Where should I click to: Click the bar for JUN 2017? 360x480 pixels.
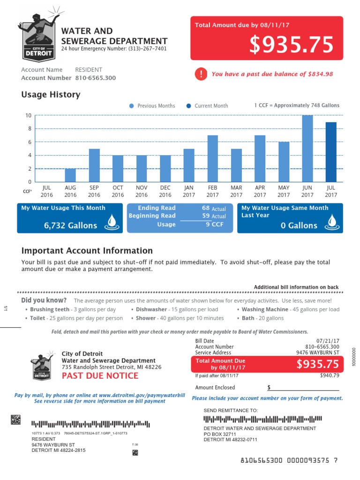pyautogui.click(x=307, y=149)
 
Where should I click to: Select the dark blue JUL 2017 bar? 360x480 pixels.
pyautogui.click(x=331, y=152)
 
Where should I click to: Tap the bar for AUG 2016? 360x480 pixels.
pyautogui.click(x=70, y=175)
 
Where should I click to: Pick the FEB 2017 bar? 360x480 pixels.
pyautogui.click(x=212, y=158)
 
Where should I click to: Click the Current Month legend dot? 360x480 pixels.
pyautogui.click(x=188, y=106)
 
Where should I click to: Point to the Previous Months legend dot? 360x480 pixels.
pyautogui.click(x=131, y=106)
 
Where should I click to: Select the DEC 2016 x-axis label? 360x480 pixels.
pyautogui.click(x=165, y=191)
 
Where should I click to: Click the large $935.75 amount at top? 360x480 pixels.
pyautogui.click(x=291, y=45)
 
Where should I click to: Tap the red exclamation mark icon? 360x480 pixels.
pyautogui.click(x=201, y=74)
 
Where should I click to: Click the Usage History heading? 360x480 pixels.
pyautogui.click(x=51, y=95)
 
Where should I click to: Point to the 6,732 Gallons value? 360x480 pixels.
pyautogui.click(x=71, y=225)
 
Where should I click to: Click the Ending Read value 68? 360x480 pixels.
pyautogui.click(x=206, y=208)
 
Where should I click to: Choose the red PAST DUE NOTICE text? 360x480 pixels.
pyautogui.click(x=100, y=375)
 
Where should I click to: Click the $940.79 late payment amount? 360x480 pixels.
pyautogui.click(x=329, y=375)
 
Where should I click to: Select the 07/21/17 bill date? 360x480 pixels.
pyautogui.click(x=328, y=341)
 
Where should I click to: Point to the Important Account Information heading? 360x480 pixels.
pyautogui.click(x=87, y=251)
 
